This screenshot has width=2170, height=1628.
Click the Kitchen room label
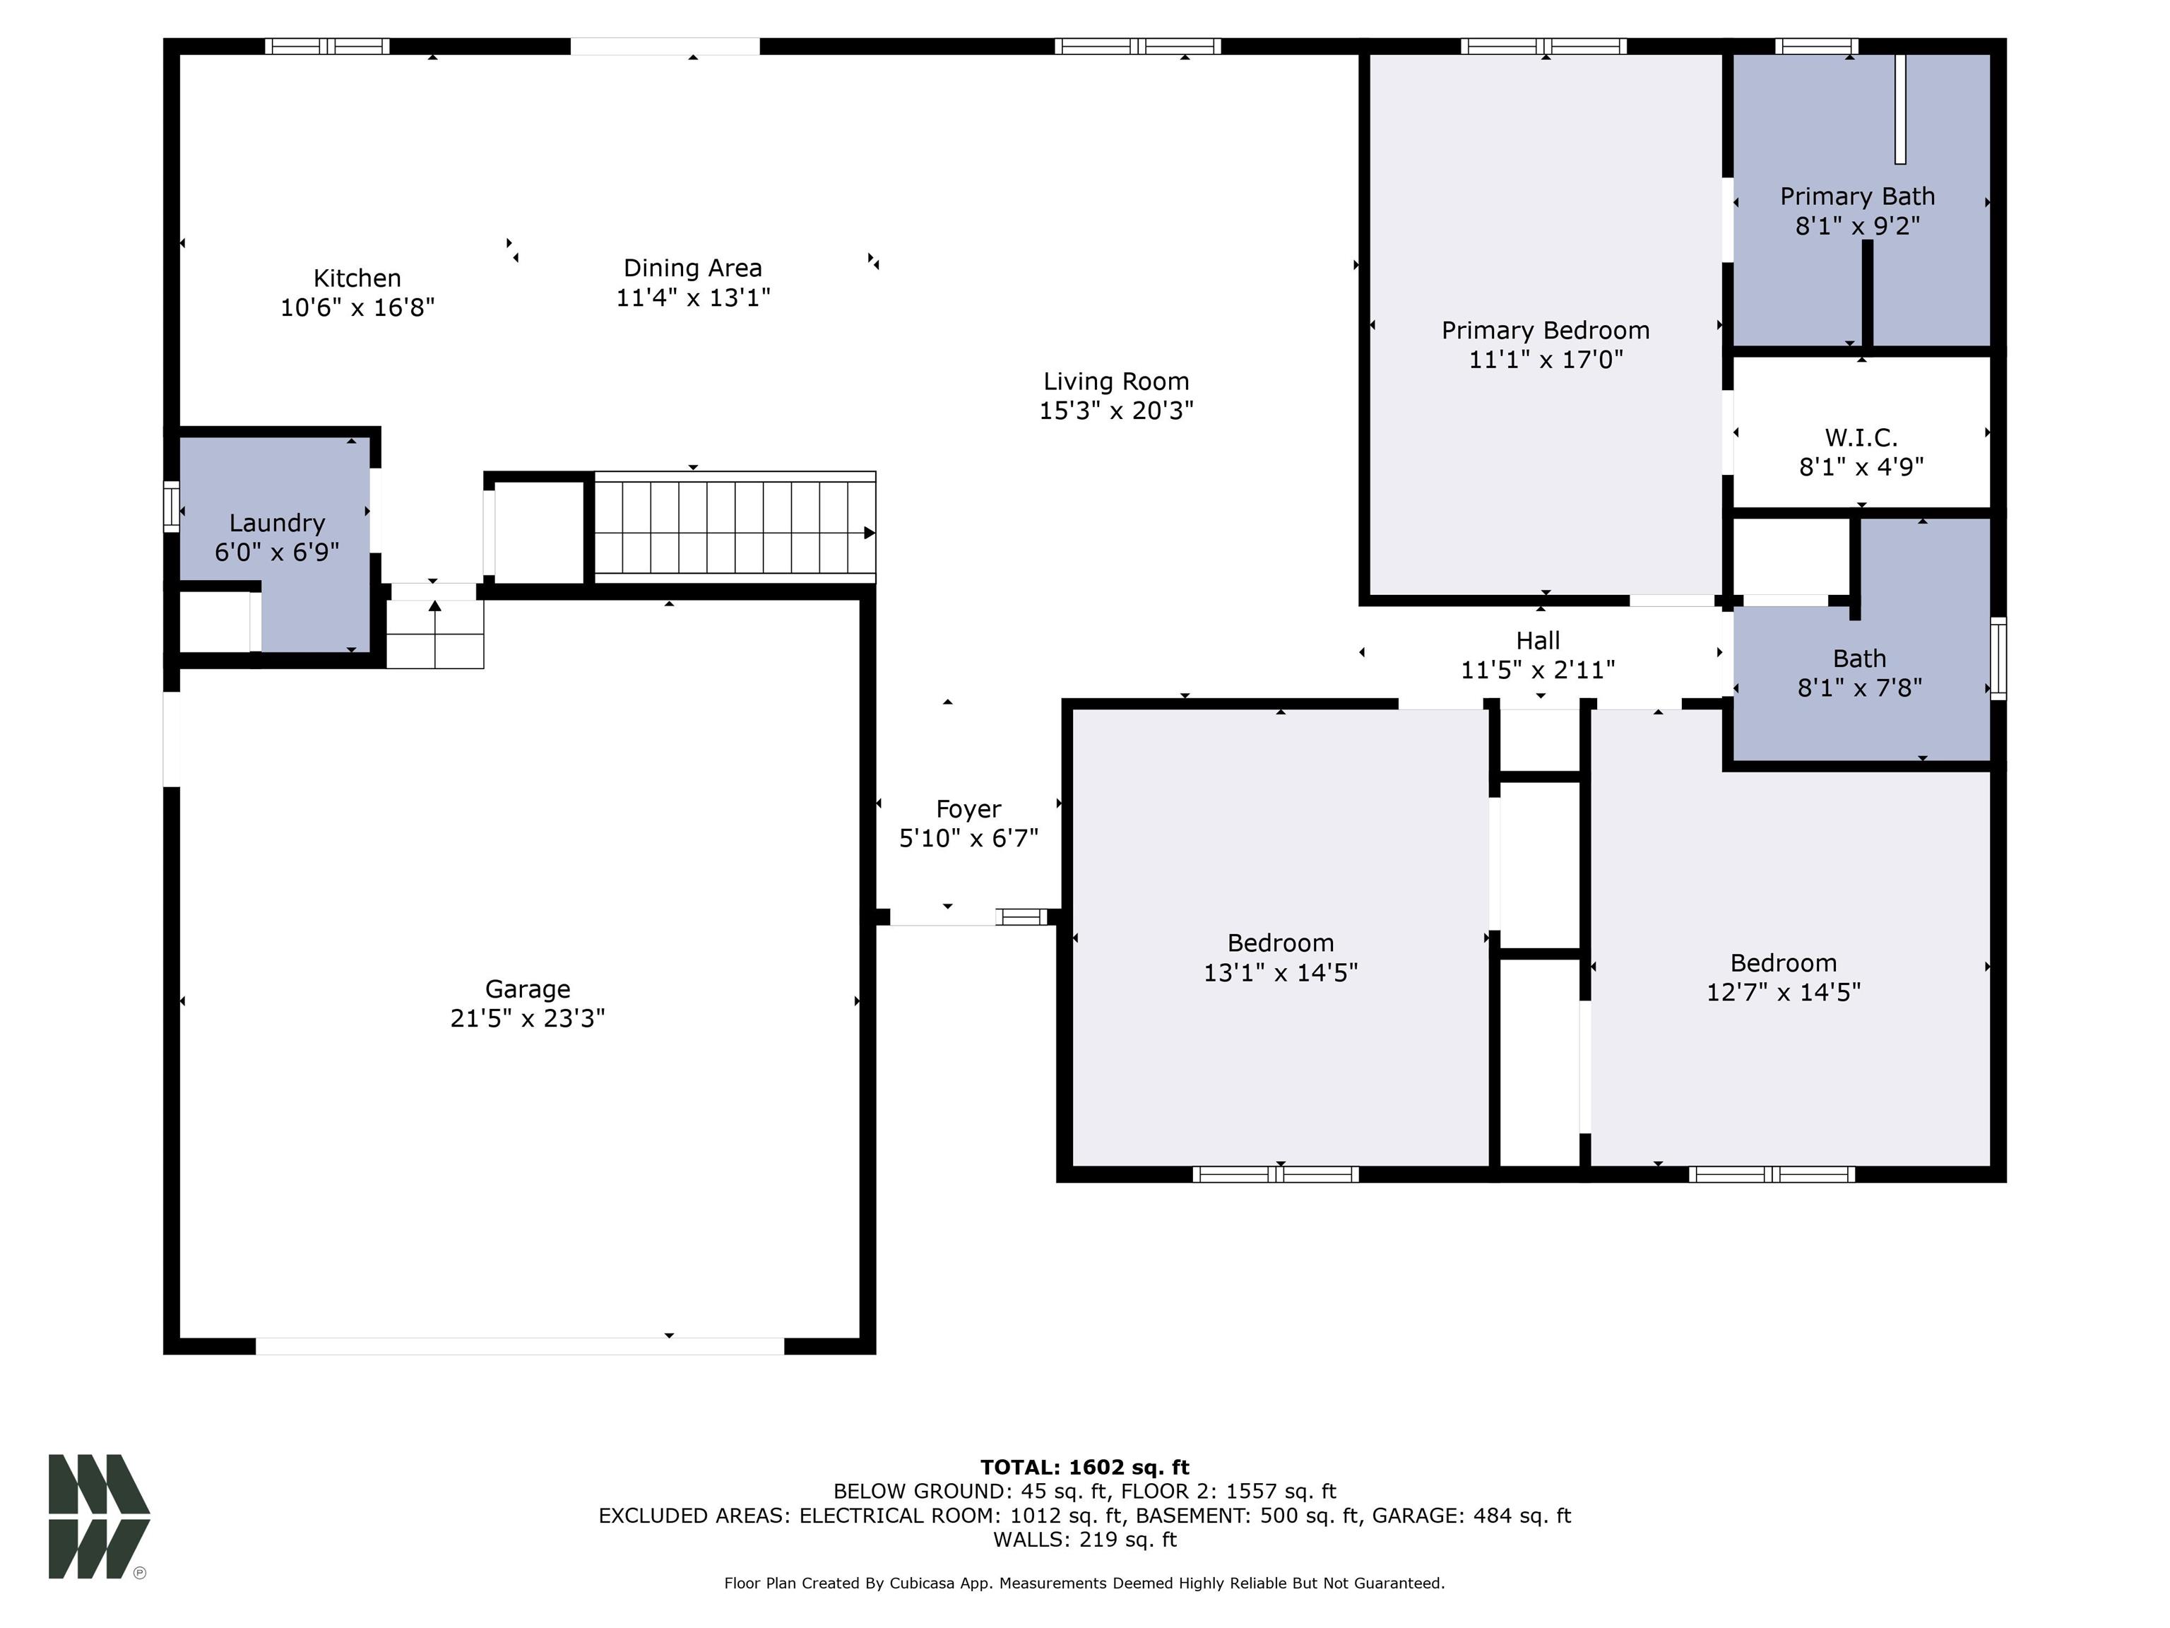[x=357, y=278]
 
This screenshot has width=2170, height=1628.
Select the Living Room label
[x=1115, y=382]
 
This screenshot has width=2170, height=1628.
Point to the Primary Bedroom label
[x=1545, y=331]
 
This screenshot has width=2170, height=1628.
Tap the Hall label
[x=1537, y=641]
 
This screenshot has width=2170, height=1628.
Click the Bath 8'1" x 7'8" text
[x=1859, y=688]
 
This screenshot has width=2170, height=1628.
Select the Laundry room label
[x=277, y=523]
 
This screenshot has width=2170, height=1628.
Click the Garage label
[x=528, y=989]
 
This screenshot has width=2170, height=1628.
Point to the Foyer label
[x=968, y=810]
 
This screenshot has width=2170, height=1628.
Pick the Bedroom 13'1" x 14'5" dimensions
[x=1280, y=972]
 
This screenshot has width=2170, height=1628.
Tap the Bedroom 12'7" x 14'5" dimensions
[x=1782, y=992]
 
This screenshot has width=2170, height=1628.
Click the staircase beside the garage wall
[x=734, y=528]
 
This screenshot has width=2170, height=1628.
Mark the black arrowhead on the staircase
[x=868, y=533]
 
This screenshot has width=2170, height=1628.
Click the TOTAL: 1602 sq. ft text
[x=1084, y=1467]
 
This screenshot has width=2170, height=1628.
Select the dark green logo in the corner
[x=98, y=1516]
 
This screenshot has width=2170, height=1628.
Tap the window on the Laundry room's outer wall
[x=171, y=507]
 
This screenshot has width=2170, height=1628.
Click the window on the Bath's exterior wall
[x=1998, y=659]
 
